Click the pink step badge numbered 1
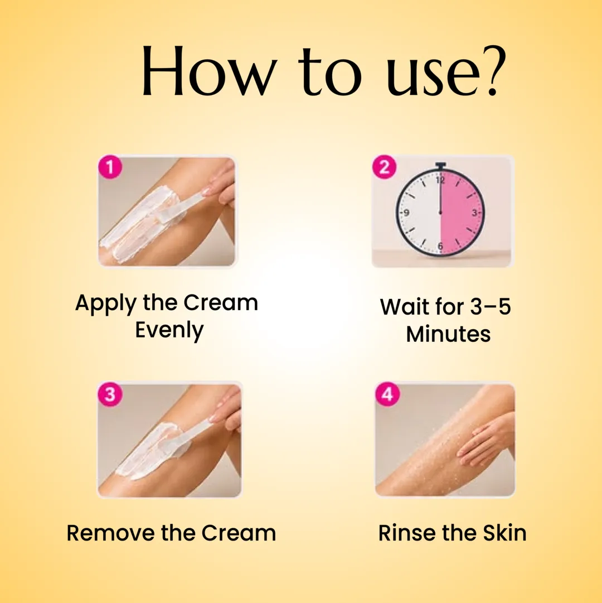[110, 167]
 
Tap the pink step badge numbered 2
[384, 167]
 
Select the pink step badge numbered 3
[110, 394]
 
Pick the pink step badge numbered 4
[387, 394]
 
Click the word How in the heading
[210, 71]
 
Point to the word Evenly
[169, 330]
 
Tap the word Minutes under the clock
[448, 334]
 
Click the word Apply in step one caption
[106, 304]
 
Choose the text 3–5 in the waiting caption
[491, 306]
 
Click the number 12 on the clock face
[440, 180]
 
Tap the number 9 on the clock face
[406, 213]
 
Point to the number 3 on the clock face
[474, 213]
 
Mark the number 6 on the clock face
[440, 245]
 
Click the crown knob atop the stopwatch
[441, 166]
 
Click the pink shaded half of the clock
[460, 213]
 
